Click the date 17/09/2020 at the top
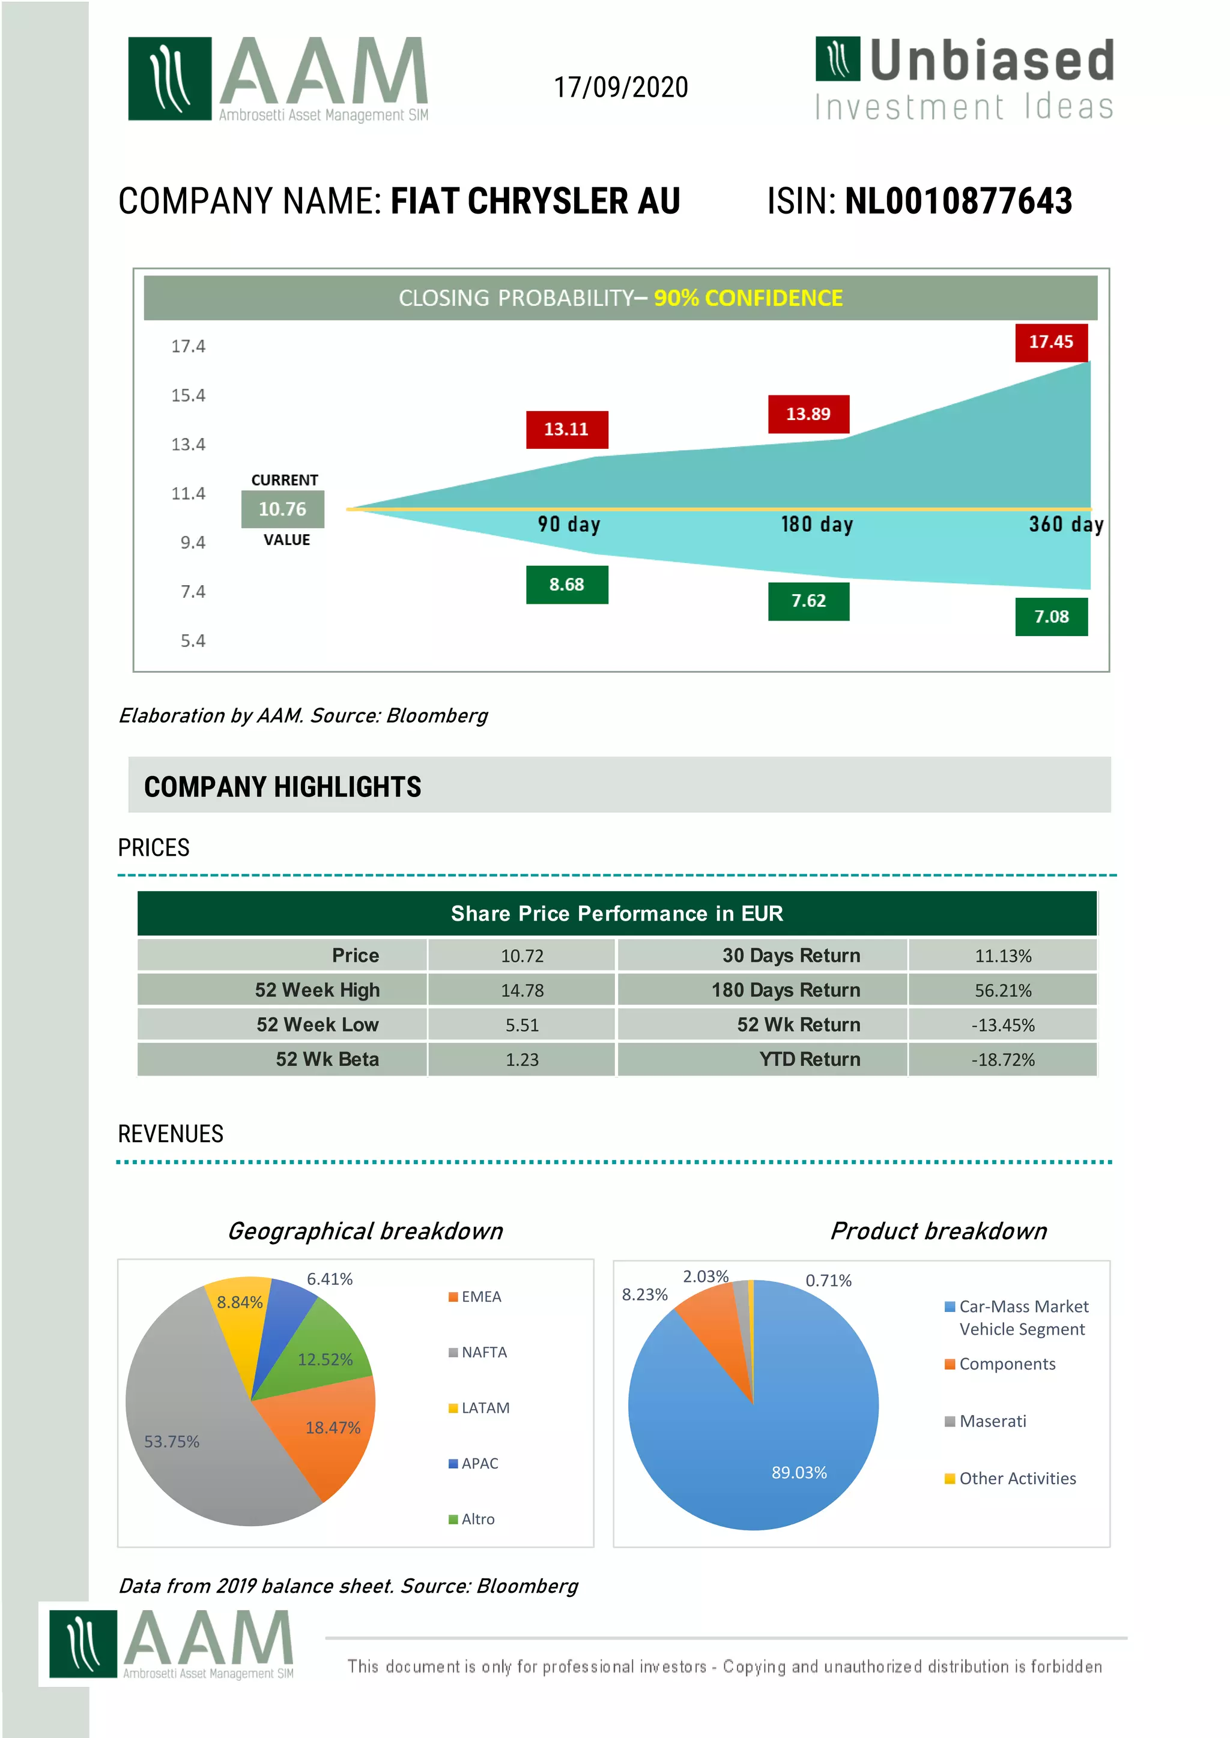click(620, 88)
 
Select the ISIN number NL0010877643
click(958, 202)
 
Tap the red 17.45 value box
click(1050, 342)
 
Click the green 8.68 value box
click(566, 585)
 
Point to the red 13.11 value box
click(566, 429)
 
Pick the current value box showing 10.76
click(282, 510)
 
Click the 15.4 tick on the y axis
click(188, 395)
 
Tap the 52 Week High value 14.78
click(522, 990)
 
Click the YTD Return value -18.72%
click(1003, 1060)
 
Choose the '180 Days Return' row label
click(786, 990)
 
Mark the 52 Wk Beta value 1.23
click(522, 1060)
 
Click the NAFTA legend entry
click(483, 1352)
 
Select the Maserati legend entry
click(992, 1421)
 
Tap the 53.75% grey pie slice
click(182, 1431)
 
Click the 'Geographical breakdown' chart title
click(365, 1231)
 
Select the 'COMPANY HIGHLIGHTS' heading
click(282, 787)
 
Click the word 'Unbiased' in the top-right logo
click(992, 61)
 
